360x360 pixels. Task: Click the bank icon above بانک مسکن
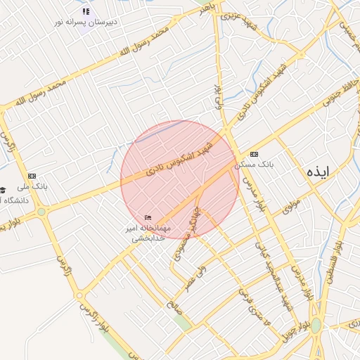tap(254, 154)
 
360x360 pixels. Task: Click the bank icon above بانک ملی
tap(32, 176)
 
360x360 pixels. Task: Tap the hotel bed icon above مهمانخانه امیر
tap(148, 217)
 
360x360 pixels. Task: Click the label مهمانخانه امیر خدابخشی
tap(147, 233)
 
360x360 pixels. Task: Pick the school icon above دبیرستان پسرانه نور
tap(86, 12)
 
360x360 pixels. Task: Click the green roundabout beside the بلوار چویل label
tap(316, 325)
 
